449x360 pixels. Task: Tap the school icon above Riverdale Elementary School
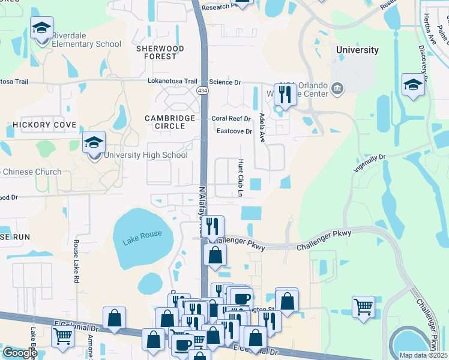[42, 28]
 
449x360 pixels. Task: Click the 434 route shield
[202, 90]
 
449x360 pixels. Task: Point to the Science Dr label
[224, 82]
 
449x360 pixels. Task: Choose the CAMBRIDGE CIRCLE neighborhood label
[170, 123]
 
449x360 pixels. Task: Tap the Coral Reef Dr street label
[231, 119]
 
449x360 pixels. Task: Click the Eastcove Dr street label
[234, 131]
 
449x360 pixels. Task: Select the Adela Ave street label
[262, 127]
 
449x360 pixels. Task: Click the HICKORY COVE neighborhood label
[44, 125]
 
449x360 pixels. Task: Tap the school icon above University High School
[94, 143]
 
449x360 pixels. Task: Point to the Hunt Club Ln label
[240, 178]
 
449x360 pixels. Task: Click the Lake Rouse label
[143, 234]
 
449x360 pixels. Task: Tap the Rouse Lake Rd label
[76, 262]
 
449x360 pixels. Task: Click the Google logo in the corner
[20, 353]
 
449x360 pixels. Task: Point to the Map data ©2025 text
[423, 355]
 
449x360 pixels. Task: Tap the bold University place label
[357, 50]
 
